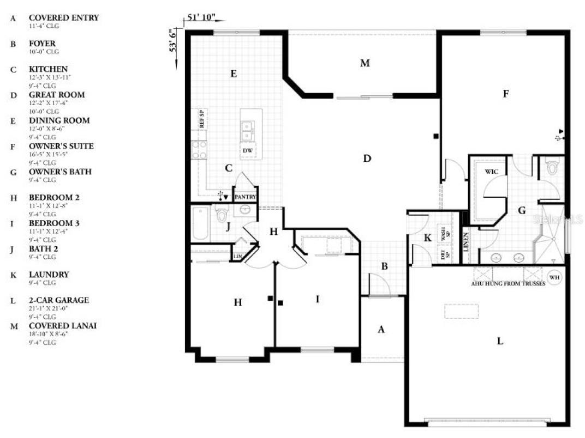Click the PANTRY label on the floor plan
245,197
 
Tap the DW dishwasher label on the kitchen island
247,150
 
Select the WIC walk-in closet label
492,171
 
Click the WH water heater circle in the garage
554,276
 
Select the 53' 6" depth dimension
173,41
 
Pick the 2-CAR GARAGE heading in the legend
58,300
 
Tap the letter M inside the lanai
365,63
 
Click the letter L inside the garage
499,342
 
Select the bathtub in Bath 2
201,223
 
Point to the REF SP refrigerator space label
201,119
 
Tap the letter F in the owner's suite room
505,94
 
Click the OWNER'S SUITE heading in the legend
61,146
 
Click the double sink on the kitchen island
247,131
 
